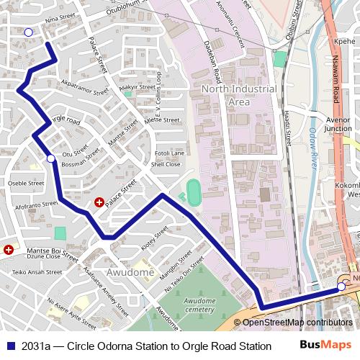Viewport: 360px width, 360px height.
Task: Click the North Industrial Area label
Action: click(239, 95)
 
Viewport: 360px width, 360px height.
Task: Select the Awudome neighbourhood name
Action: click(130, 273)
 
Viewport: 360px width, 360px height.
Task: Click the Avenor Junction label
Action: click(338, 124)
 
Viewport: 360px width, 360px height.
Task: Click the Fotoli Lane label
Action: click(170, 153)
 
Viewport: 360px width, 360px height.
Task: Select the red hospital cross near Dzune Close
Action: click(8, 249)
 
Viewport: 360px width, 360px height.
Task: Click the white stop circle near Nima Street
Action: click(28, 32)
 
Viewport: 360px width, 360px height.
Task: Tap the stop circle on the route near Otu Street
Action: click(50, 158)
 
